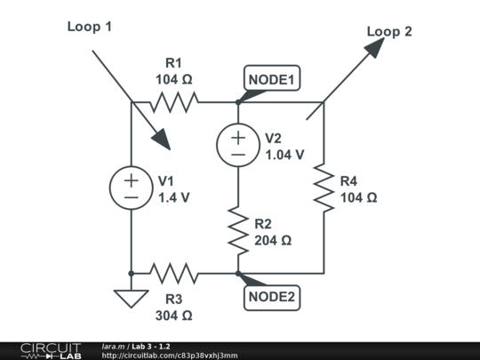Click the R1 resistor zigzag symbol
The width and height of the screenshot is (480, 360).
pyautogui.click(x=173, y=101)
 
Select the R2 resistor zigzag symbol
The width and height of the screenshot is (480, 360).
pyautogui.click(x=238, y=229)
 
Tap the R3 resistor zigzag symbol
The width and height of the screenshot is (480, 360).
pyautogui.click(x=173, y=273)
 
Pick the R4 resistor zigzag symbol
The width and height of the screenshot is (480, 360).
pyautogui.click(x=324, y=188)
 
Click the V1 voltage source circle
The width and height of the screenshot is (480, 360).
pyautogui.click(x=131, y=188)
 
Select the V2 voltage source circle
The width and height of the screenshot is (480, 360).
pyautogui.click(x=238, y=145)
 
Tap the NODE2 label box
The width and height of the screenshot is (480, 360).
pyautogui.click(x=271, y=296)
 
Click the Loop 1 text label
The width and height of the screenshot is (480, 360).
pyautogui.click(x=90, y=27)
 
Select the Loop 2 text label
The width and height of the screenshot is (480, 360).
pyautogui.click(x=389, y=32)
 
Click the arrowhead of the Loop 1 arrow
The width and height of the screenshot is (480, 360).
pyautogui.click(x=163, y=141)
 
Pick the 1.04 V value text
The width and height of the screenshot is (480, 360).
pyautogui.click(x=285, y=154)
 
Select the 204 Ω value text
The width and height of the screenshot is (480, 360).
pyautogui.click(x=273, y=240)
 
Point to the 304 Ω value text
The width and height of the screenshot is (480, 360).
pyautogui.click(x=173, y=315)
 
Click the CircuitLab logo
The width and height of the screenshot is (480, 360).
pyautogui.click(x=51, y=350)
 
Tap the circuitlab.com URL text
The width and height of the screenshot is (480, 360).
pyautogui.click(x=170, y=356)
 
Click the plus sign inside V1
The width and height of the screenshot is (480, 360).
pyautogui.click(x=131, y=180)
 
